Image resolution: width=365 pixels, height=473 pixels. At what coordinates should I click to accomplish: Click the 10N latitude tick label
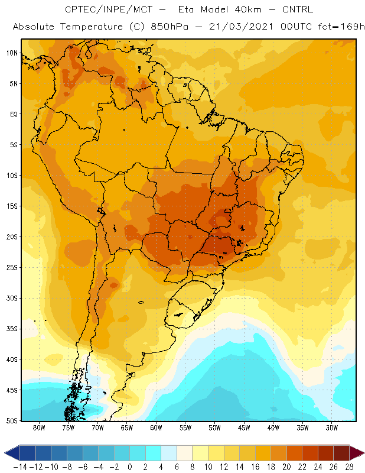12,53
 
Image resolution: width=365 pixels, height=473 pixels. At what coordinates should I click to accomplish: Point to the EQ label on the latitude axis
14,114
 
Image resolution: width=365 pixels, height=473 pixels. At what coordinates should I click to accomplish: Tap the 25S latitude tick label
12,268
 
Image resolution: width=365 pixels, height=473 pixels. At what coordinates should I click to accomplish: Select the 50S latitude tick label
12,421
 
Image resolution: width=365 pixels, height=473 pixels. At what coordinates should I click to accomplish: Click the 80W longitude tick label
39,427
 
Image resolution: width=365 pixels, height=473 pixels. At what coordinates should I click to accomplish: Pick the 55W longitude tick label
185,427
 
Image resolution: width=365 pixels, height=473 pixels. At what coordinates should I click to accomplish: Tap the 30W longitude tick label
332,427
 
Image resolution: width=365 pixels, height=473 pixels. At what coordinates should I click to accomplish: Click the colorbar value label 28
349,467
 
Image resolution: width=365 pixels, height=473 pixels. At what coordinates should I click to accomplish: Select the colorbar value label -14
20,467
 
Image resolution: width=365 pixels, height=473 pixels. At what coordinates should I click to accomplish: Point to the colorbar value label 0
130,467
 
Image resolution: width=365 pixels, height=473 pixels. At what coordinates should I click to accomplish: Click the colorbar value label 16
255,467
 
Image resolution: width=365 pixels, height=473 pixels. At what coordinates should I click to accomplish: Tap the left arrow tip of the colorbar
5,453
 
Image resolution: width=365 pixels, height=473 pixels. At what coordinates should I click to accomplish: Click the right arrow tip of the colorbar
364,453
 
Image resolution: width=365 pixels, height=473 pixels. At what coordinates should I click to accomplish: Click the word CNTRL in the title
298,9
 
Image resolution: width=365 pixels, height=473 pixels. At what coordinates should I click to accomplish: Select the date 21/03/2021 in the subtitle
241,27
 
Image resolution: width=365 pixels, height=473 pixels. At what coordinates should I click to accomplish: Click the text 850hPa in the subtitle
170,27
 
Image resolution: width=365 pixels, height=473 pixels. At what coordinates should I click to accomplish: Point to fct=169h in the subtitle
341,27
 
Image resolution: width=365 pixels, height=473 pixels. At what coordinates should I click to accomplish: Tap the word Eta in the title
186,9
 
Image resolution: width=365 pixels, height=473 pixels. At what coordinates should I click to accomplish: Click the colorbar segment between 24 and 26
325,453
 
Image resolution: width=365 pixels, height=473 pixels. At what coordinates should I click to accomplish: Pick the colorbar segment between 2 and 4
153,453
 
